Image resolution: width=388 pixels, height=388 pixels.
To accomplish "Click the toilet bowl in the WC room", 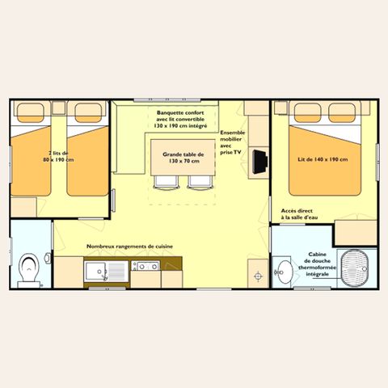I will (31, 267).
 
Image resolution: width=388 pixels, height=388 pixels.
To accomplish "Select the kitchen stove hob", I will (147, 266).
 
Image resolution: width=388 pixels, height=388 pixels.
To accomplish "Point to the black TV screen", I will (260, 160).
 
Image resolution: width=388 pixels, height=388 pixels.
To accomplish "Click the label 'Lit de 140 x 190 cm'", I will (322, 159).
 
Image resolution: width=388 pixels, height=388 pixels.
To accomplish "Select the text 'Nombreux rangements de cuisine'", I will (130, 247).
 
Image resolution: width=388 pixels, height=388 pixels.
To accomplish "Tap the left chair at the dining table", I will (165, 182).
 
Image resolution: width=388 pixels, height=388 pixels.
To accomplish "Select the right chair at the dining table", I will (198, 182).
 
